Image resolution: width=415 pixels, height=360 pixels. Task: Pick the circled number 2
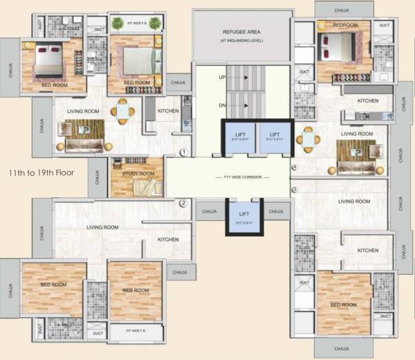(183, 204)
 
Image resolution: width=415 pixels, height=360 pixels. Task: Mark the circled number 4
(294, 168)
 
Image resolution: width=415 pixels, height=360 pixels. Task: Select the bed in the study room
(147, 187)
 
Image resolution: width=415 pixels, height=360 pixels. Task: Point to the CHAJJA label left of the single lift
(209, 212)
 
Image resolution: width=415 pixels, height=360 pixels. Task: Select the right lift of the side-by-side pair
(275, 136)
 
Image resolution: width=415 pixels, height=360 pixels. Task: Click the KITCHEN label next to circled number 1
(168, 111)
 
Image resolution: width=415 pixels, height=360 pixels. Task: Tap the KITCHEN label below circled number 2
(168, 240)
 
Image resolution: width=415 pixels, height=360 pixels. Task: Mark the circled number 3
(294, 190)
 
